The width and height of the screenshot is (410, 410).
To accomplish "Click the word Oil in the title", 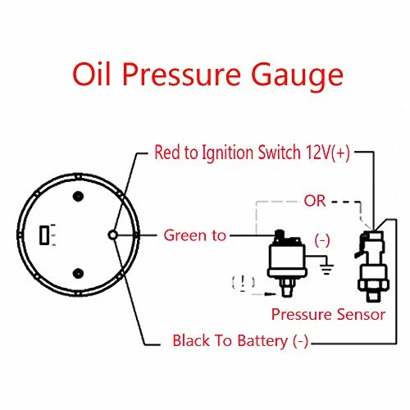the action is point(91,75).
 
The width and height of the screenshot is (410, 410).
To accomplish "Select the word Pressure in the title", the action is point(181,75).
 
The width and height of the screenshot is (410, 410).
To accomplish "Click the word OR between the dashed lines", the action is point(315,201).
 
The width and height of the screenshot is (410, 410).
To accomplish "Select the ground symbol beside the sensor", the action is point(327,269).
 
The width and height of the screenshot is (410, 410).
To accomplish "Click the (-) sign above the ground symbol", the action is point(322,240).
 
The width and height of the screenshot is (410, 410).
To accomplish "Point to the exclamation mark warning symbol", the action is point(243,282).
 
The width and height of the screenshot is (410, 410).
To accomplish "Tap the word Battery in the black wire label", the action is point(262,341).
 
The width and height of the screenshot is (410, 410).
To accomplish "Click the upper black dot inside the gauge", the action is point(78,196).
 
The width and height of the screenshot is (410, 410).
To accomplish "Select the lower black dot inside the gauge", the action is point(78,274).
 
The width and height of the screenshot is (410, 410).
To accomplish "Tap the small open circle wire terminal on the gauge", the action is point(112,235).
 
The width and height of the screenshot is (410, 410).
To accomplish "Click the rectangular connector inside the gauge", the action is point(44,235).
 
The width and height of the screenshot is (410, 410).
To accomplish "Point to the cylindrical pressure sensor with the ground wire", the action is point(287,263).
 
